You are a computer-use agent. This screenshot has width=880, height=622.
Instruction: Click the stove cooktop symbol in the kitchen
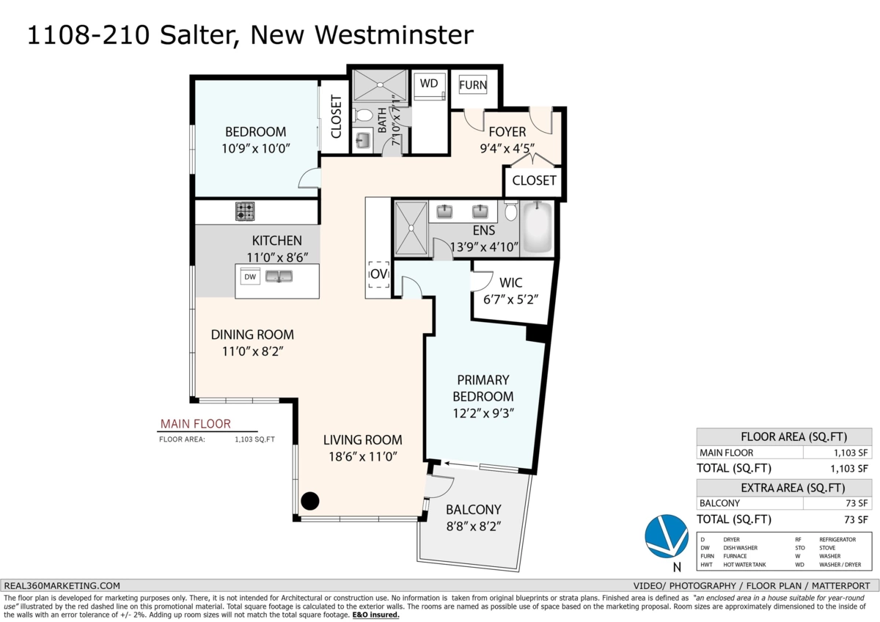click(x=245, y=211)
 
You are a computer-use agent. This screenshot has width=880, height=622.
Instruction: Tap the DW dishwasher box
click(x=250, y=277)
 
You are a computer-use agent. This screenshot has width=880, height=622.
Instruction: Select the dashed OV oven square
click(x=378, y=274)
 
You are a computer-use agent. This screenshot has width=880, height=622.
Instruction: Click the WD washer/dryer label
click(x=428, y=84)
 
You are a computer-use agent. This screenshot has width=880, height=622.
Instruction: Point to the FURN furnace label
click(x=473, y=85)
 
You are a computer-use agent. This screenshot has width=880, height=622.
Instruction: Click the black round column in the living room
click(x=310, y=501)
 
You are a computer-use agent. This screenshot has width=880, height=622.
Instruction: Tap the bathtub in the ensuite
click(x=537, y=227)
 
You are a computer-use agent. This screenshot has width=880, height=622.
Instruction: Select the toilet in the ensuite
click(x=510, y=211)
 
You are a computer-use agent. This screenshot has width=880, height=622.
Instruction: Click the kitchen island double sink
click(x=279, y=277)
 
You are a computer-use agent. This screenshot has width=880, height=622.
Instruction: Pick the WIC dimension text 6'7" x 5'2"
click(x=510, y=300)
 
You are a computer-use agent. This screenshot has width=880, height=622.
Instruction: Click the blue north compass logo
click(x=667, y=536)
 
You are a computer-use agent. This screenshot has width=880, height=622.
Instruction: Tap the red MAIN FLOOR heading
click(x=195, y=424)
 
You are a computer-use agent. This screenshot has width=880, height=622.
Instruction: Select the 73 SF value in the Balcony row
click(x=857, y=503)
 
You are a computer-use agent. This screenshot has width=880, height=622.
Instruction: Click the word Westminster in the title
click(x=394, y=35)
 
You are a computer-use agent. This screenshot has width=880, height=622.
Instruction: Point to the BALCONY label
click(x=474, y=510)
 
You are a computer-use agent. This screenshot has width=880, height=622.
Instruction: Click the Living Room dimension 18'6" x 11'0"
click(x=362, y=456)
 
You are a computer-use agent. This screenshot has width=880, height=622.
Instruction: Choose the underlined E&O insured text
click(x=375, y=615)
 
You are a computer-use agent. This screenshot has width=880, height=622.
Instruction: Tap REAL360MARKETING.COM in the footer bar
click(x=62, y=586)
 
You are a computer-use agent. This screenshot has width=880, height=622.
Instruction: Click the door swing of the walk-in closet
click(x=482, y=280)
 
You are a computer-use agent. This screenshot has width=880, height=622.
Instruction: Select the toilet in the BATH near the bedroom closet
click(x=364, y=116)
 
